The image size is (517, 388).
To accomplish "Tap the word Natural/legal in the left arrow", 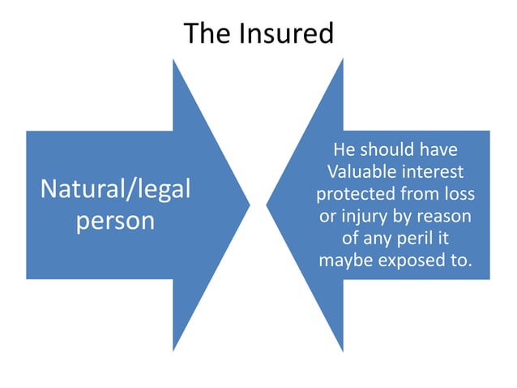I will tap(116, 190).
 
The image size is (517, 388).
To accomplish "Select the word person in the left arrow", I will tap(115, 221).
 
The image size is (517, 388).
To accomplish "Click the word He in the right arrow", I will tap(344, 151).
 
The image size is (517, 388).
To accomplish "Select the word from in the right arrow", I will tap(423, 195).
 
